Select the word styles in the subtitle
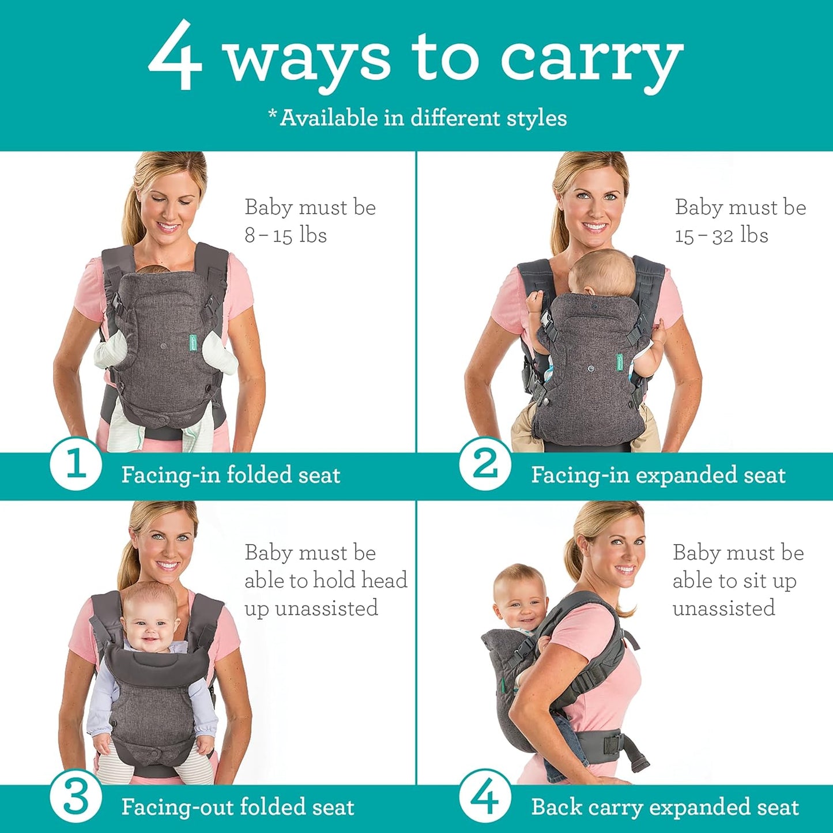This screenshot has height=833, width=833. pyautogui.click(x=536, y=118)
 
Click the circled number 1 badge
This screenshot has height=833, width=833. pyautogui.click(x=76, y=465)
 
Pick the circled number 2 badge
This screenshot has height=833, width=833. pyautogui.click(x=485, y=465)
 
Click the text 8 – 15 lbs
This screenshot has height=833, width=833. pyautogui.click(x=285, y=235)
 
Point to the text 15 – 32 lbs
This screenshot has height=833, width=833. pyautogui.click(x=721, y=235)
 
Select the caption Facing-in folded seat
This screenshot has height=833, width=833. pyautogui.click(x=231, y=475)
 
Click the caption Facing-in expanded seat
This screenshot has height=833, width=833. pyautogui.click(x=658, y=475)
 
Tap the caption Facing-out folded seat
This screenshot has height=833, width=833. pyautogui.click(x=238, y=807)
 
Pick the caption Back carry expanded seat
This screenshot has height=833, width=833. pyautogui.click(x=665, y=807)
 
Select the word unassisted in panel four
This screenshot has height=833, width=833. pyautogui.click(x=723, y=608)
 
